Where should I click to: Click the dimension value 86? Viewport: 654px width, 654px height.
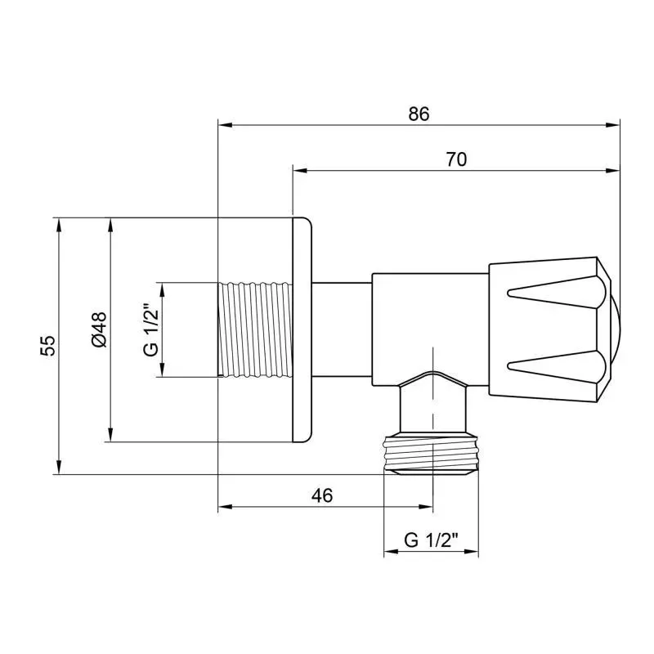419,114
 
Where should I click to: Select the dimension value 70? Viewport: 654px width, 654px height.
456,159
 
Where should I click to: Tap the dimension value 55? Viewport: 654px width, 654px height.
47,345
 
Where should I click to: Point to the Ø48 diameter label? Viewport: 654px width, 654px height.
99,329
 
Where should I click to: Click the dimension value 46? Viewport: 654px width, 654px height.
322,495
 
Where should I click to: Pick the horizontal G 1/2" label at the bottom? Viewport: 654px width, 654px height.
431,540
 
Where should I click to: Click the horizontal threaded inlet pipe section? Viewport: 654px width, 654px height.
255,330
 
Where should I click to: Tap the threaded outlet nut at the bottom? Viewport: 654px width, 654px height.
431,454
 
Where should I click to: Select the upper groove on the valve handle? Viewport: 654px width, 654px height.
556,292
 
